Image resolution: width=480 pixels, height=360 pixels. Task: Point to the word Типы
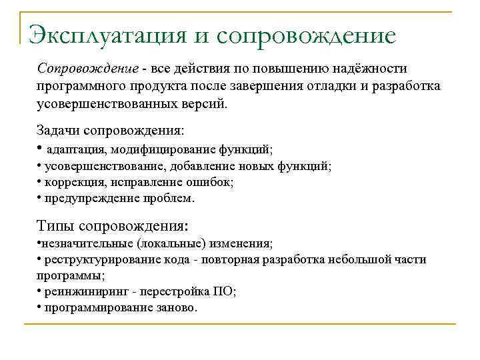[x=57, y=225]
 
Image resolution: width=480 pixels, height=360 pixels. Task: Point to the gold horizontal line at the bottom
[x=240, y=324]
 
